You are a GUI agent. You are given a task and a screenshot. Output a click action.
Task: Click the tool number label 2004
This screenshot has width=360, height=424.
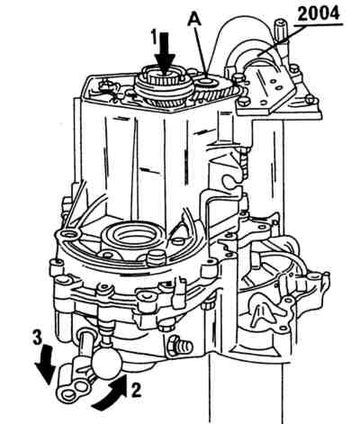pos(319,14)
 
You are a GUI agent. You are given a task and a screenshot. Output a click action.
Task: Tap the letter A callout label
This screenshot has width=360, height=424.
pos(194,21)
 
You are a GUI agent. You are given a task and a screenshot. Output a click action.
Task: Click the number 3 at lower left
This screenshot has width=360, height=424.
pos(37,338)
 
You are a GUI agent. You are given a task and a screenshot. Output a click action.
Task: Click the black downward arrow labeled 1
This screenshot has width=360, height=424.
pos(165,52)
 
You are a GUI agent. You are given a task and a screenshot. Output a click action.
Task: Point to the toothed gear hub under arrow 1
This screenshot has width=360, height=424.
pos(163,88)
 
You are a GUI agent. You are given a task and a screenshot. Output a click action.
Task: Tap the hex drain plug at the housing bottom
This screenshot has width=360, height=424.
pos(179,346)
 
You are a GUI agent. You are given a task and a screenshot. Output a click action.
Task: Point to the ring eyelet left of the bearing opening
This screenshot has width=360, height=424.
pos(67,235)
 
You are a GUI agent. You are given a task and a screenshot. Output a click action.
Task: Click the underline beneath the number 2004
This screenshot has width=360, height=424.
pos(319,25)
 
